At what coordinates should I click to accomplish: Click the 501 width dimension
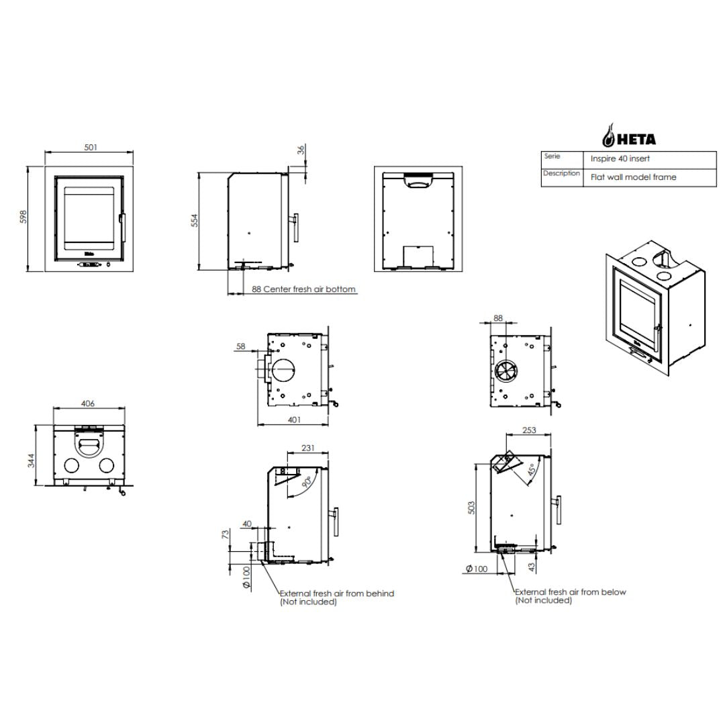[x=91, y=148]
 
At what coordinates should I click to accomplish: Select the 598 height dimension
[x=23, y=217]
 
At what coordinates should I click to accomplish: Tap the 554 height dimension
[x=194, y=221]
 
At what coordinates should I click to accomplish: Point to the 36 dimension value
[x=301, y=150]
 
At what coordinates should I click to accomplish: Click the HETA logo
[x=628, y=136]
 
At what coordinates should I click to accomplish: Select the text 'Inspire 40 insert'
[x=620, y=158]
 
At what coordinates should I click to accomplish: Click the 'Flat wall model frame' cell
[x=634, y=177]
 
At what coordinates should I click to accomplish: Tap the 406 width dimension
[x=88, y=403]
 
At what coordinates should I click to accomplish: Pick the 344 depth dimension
[x=31, y=461]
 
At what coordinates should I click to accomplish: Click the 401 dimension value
[x=294, y=420]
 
